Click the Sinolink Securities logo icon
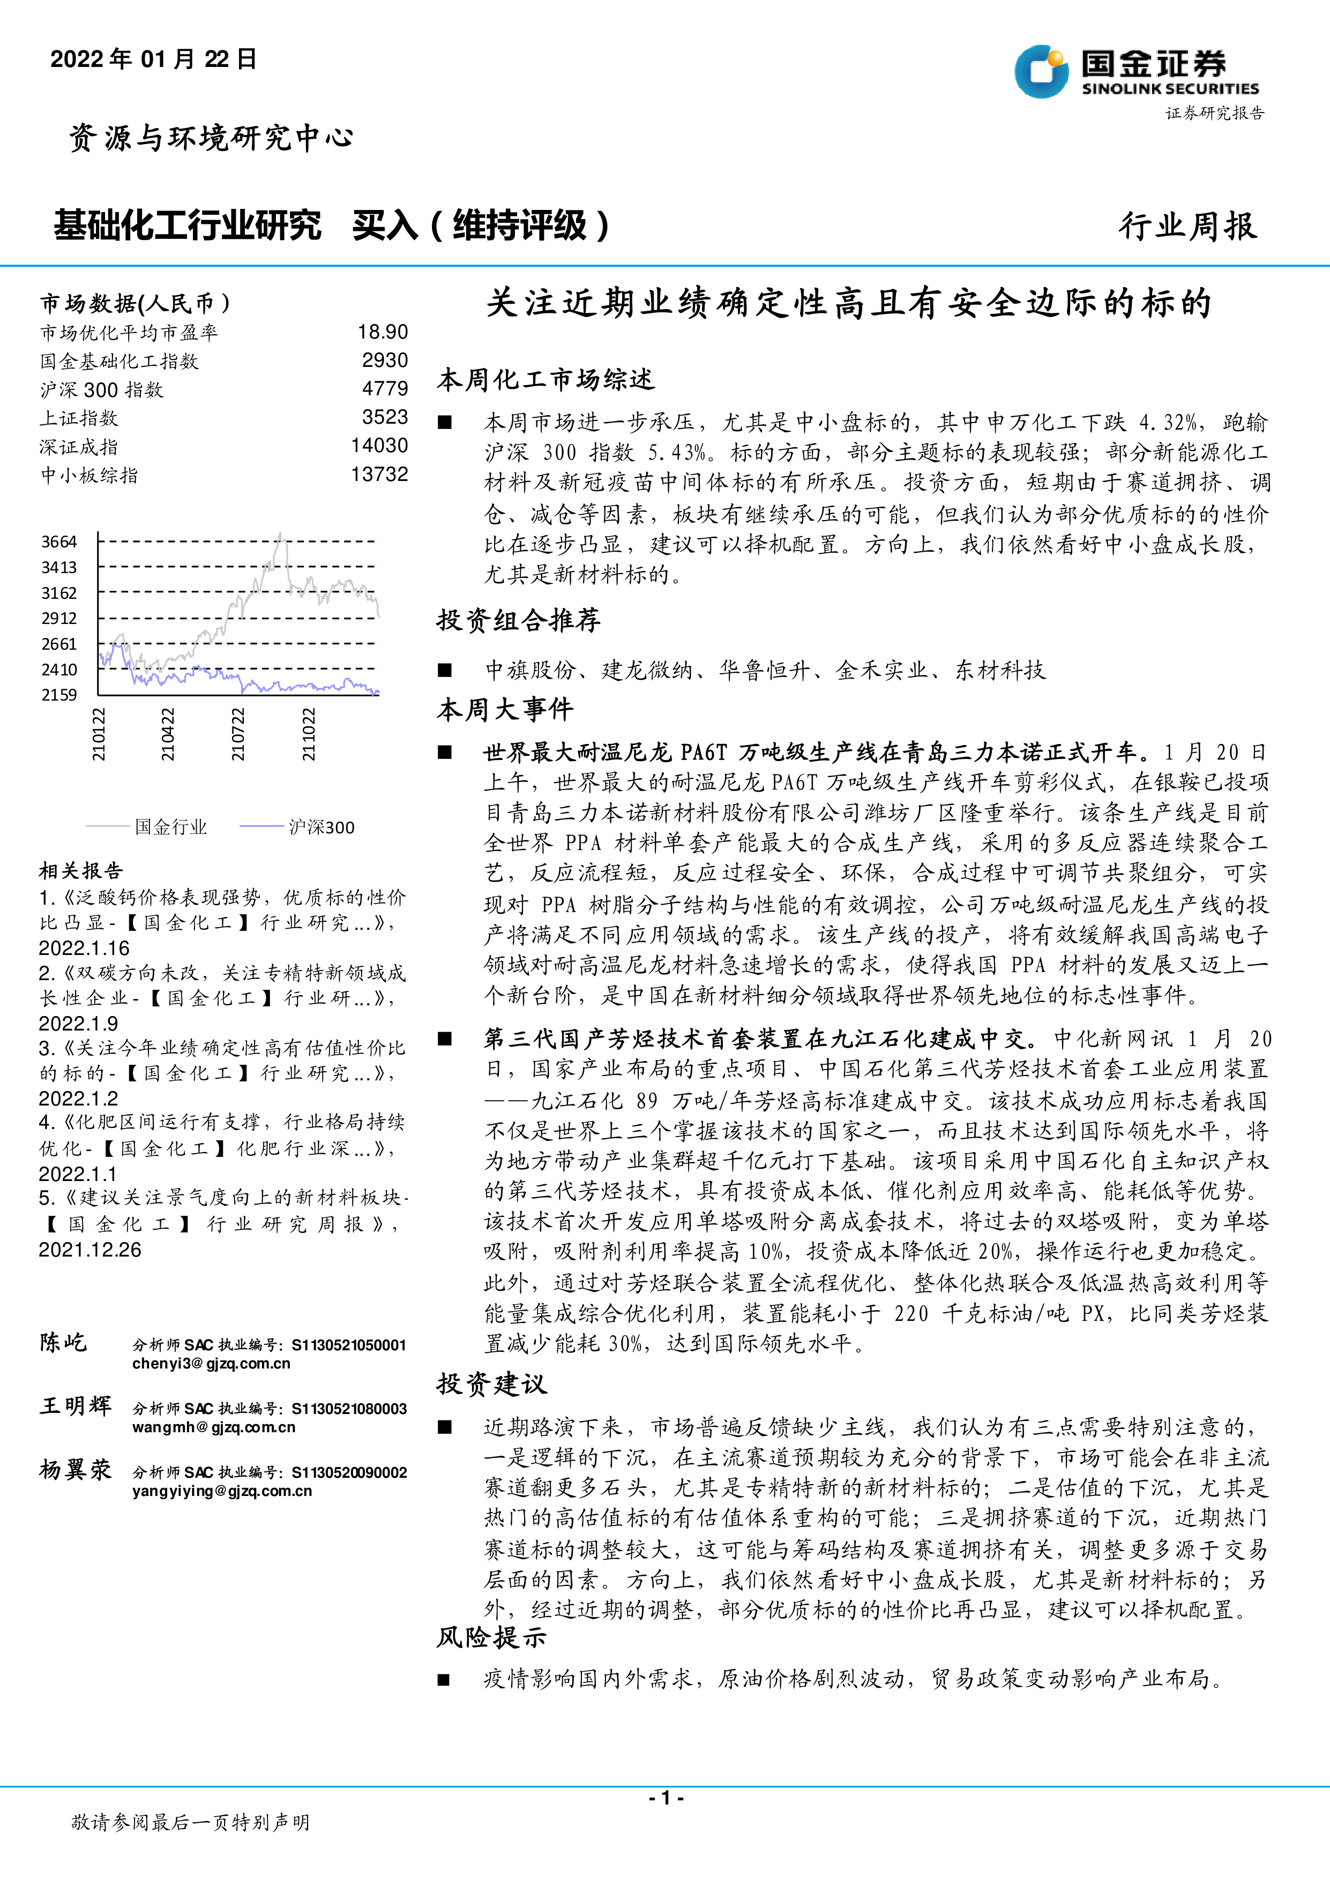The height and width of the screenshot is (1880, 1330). tap(1040, 72)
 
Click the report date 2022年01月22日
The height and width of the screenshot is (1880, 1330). tap(153, 59)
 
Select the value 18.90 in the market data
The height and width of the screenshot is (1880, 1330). tap(383, 332)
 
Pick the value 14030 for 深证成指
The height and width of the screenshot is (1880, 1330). tap(379, 446)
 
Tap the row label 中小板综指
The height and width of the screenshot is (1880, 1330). tap(89, 475)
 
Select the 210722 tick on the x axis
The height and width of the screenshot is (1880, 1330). tap(237, 734)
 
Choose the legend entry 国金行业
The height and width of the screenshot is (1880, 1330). tap(170, 827)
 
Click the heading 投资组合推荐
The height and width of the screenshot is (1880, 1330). tap(518, 620)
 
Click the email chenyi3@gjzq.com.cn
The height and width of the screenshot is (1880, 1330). tap(211, 1363)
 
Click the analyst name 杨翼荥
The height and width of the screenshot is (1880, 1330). tap(76, 1470)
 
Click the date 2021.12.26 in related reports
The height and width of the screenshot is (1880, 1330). tap(90, 1250)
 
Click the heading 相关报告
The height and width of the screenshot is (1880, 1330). tap(81, 870)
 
